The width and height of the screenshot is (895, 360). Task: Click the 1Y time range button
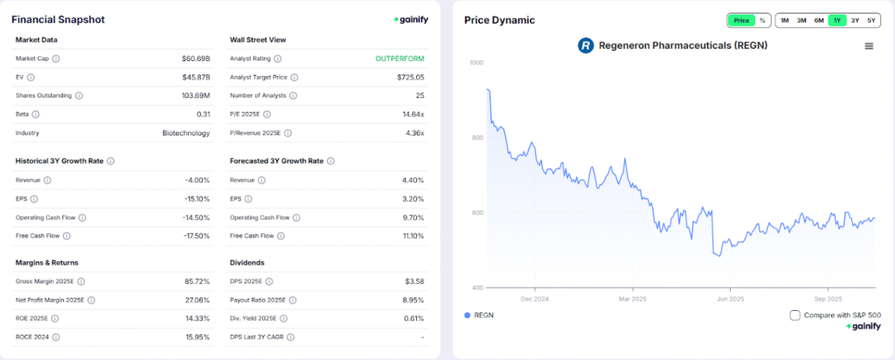click(x=836, y=20)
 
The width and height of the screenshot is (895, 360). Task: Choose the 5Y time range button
click(x=871, y=20)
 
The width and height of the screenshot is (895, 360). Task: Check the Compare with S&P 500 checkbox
click(x=794, y=315)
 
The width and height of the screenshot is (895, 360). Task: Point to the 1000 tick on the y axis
click(x=476, y=63)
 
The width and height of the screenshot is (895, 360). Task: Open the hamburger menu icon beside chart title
click(x=868, y=45)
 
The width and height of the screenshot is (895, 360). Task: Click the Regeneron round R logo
click(x=586, y=45)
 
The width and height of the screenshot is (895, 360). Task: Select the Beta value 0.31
click(x=204, y=114)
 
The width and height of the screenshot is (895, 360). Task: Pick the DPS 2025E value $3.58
click(x=412, y=281)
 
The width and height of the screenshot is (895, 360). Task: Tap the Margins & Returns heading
click(x=48, y=261)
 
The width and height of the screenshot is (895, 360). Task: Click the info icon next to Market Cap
click(x=56, y=59)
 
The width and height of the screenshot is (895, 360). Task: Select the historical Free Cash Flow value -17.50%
click(x=195, y=236)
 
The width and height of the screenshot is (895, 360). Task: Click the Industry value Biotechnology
click(x=186, y=133)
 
